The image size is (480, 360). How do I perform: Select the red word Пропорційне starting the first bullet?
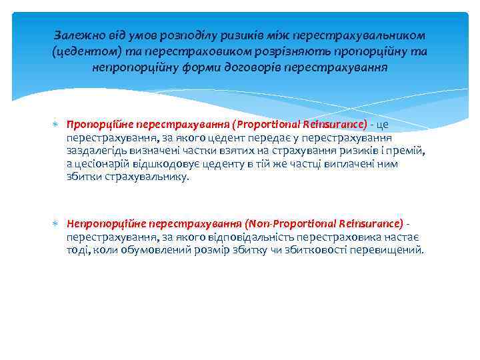[x=97, y=123]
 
